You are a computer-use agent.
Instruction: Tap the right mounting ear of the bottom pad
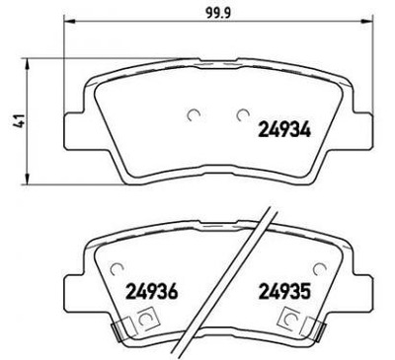[356, 290]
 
